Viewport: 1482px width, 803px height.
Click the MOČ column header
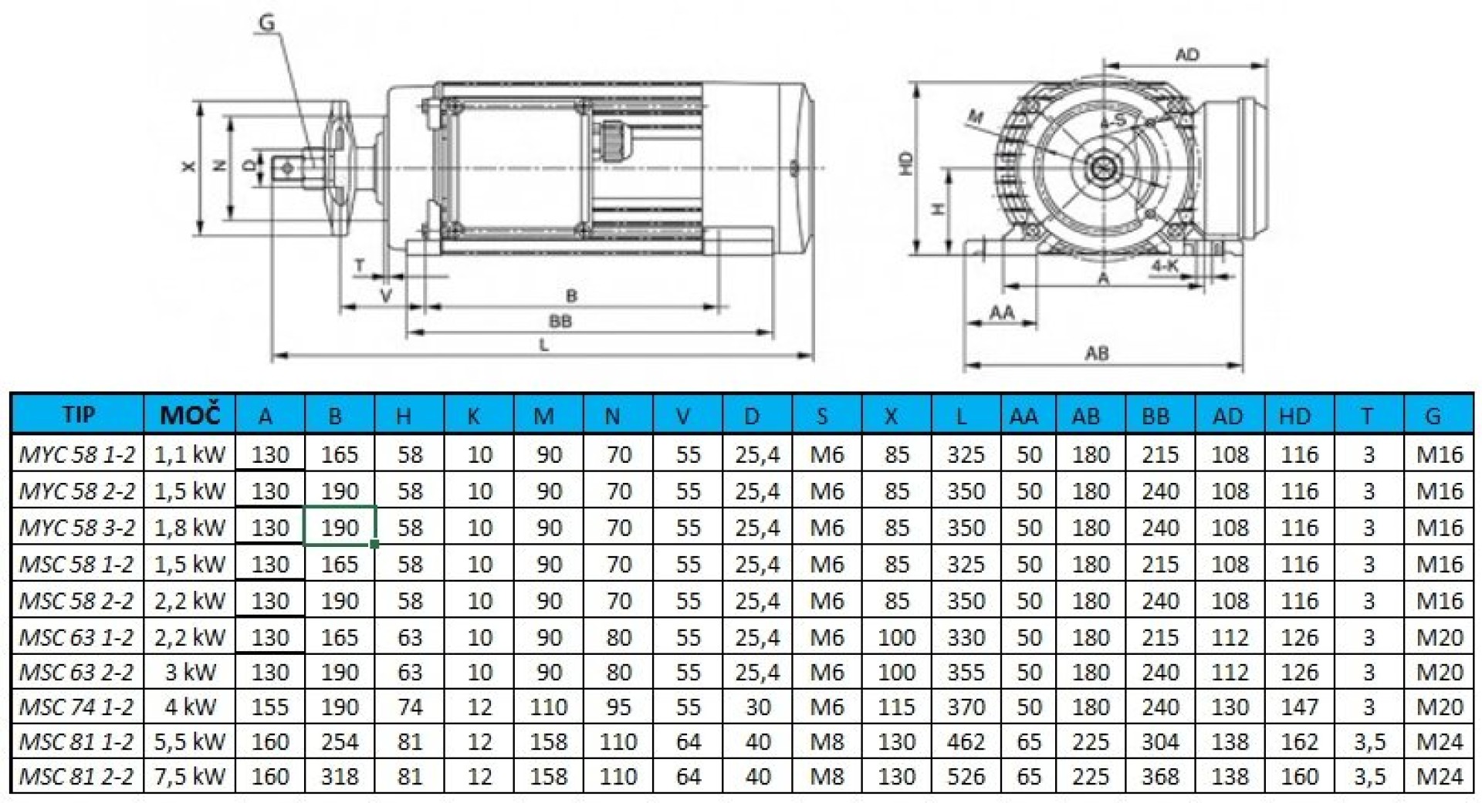pyautogui.click(x=189, y=416)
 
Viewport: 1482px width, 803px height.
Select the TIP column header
pyautogui.click(x=78, y=415)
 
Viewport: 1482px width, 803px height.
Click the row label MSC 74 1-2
pyautogui.click(x=76, y=707)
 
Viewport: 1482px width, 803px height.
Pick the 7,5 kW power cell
pyautogui.click(x=189, y=776)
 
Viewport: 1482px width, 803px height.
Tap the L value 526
pyautogui.click(x=966, y=776)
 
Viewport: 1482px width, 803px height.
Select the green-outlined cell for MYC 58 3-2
pyautogui.click(x=340, y=527)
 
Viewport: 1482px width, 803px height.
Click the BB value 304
pyautogui.click(x=1160, y=741)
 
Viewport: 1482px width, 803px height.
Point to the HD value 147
pyautogui.click(x=1300, y=707)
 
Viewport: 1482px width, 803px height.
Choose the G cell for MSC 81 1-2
pyautogui.click(x=1440, y=741)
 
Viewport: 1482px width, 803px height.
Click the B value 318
pyautogui.click(x=340, y=776)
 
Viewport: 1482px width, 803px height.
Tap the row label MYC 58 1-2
pyautogui.click(x=76, y=454)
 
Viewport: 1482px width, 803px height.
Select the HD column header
pyautogui.click(x=1295, y=416)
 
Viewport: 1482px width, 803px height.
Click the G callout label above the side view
pyautogui.click(x=266, y=22)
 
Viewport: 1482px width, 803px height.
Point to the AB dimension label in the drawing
pyautogui.click(x=1097, y=353)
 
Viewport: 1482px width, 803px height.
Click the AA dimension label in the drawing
pyautogui.click(x=1002, y=312)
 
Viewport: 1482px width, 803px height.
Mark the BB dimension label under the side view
pyautogui.click(x=560, y=321)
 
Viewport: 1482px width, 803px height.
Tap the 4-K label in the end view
pyautogui.click(x=1166, y=266)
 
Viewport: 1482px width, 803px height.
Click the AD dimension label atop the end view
pyautogui.click(x=1187, y=55)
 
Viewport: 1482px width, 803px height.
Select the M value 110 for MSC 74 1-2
pyautogui.click(x=549, y=707)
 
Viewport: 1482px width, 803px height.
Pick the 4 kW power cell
pyautogui.click(x=189, y=707)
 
